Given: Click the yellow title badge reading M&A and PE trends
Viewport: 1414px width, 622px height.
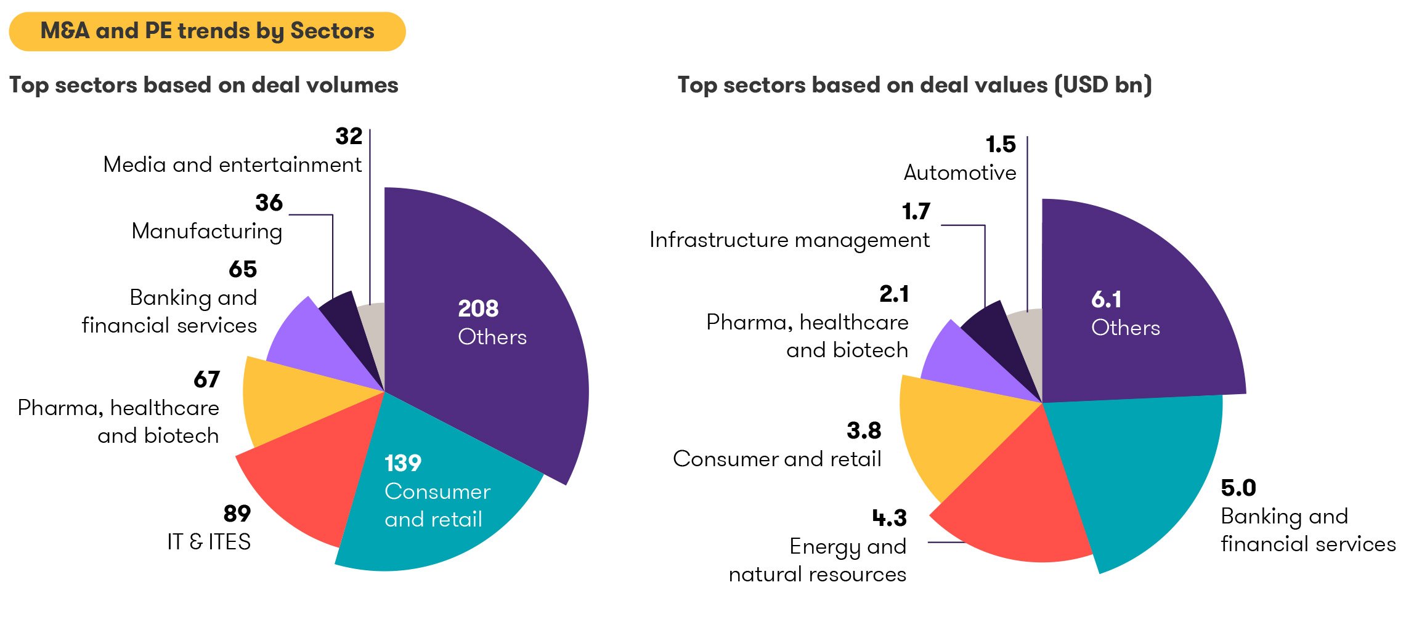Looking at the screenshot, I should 207,31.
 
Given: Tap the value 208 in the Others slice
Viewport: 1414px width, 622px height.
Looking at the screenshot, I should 477,309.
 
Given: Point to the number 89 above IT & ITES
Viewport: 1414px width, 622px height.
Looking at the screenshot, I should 237,514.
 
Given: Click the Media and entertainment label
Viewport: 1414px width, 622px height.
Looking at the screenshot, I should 232,165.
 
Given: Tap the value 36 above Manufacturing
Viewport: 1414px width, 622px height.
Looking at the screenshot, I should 269,203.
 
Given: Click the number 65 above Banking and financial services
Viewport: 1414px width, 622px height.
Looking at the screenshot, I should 243,269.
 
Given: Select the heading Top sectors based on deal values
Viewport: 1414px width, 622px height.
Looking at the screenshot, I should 914,85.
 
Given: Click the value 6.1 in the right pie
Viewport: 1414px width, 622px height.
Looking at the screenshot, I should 1106,300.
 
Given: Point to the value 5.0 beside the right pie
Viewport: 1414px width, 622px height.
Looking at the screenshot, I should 1238,488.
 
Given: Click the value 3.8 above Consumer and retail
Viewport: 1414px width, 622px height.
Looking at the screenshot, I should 863,431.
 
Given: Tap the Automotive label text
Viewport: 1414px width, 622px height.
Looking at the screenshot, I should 959,173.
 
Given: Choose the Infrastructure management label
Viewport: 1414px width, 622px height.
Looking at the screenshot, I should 789,240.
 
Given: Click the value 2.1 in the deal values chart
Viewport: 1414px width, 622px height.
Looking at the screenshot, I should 893,294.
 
